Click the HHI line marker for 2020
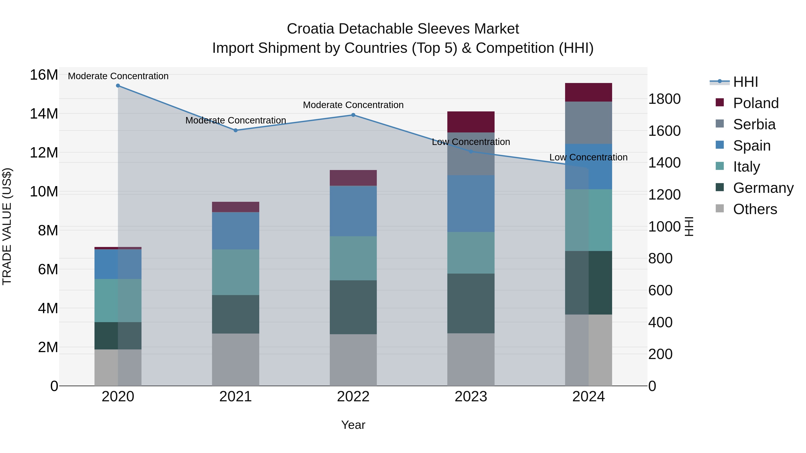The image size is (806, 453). click(118, 86)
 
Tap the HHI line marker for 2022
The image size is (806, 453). click(353, 115)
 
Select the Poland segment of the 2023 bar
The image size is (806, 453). click(471, 122)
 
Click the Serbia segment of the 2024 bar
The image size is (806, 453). click(589, 123)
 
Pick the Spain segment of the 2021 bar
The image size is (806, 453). click(236, 231)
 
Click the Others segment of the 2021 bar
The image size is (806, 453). click(236, 359)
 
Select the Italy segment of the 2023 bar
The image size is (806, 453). click(471, 253)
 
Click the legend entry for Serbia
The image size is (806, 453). click(754, 124)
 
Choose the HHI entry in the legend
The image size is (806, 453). click(745, 82)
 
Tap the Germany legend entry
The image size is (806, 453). click(763, 188)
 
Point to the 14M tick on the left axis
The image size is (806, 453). click(44, 114)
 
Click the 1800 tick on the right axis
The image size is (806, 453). click(664, 99)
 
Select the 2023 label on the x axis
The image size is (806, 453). click(471, 397)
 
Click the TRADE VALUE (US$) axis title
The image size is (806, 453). click(7, 226)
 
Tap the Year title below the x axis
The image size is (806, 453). click(353, 425)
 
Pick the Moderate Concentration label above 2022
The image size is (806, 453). click(353, 105)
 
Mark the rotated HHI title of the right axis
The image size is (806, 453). click(689, 226)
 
